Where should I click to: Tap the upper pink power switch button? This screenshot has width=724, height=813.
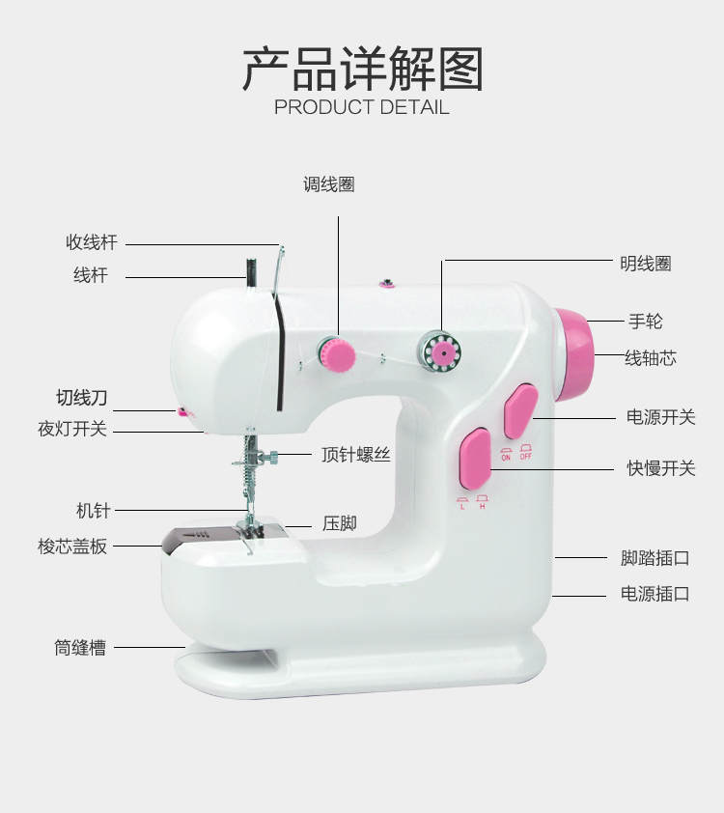click(x=520, y=412)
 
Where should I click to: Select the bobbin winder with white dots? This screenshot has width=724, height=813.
click(x=442, y=351)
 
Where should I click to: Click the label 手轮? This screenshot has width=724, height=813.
click(x=646, y=322)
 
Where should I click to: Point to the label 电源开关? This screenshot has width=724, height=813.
click(x=660, y=417)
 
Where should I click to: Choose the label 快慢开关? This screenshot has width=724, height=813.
click(x=660, y=468)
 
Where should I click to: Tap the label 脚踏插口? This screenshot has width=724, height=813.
click(x=654, y=557)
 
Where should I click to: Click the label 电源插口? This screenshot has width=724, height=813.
click(x=654, y=594)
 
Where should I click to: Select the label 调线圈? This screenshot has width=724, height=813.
click(x=329, y=184)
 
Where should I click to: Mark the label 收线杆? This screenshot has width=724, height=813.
click(x=91, y=242)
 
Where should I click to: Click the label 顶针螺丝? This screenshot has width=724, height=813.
click(x=355, y=454)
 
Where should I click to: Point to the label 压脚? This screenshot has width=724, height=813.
click(x=340, y=523)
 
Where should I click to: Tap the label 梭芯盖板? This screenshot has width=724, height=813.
click(x=72, y=547)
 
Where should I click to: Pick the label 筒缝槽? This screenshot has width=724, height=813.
click(x=80, y=648)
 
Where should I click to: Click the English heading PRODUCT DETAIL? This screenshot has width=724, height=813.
click(x=362, y=107)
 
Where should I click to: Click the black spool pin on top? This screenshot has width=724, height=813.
click(x=248, y=272)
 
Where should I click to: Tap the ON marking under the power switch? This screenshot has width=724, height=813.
click(x=506, y=456)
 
